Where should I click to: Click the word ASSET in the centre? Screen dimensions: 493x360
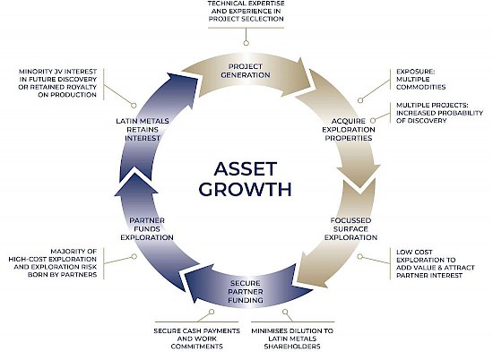pos(246,169)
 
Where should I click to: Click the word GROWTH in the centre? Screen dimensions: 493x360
pos(246,190)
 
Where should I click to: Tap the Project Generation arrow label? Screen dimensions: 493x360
pos(246,71)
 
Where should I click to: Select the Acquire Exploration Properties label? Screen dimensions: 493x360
pos(349,130)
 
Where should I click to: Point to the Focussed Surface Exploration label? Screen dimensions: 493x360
pos(350,228)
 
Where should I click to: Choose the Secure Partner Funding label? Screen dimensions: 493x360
pos(246,292)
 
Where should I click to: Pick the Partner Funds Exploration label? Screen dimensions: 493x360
pos(147,228)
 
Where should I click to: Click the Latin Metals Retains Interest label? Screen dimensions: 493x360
pos(143,130)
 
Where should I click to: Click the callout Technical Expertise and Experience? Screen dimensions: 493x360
pos(246,11)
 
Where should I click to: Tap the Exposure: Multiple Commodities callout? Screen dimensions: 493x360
pos(420,79)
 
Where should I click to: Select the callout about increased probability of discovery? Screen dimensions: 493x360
pos(439,113)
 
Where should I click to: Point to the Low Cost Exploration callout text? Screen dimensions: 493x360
pos(436,263)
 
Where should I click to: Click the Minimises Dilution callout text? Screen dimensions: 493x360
pos(292,339)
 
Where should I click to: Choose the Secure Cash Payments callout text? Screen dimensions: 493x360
pos(197,339)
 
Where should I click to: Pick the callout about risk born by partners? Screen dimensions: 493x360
pos(53,263)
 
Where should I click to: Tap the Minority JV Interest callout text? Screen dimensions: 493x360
pos(57,83)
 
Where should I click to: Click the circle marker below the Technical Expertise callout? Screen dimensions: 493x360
pos(246,43)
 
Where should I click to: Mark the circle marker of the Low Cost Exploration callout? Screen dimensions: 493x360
pos(360,257)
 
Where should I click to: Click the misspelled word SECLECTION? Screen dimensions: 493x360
pos(264,19)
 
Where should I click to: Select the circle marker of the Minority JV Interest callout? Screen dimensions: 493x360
pos(134,106)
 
